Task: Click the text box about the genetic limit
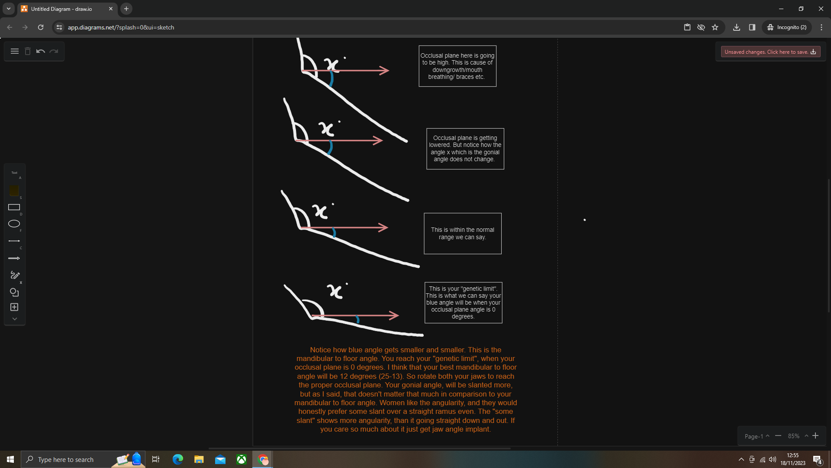pos(463,302)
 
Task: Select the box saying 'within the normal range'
pos(462,234)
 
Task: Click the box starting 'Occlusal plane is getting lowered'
pos(465,149)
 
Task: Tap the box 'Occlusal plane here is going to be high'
pos(457,66)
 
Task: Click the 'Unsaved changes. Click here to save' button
pos(770,52)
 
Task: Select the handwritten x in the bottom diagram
pos(335,291)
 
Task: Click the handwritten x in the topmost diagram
pos(332,65)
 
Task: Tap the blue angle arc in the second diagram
pos(330,148)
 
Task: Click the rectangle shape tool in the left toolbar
pos(14,207)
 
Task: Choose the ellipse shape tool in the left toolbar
pos(14,224)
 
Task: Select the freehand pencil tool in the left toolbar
pos(15,275)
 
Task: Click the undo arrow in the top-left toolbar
pos(41,52)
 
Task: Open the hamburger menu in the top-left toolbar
pos(15,52)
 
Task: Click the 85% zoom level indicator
pos(794,436)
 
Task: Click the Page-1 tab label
pos(754,436)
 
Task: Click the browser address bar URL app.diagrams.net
pos(121,27)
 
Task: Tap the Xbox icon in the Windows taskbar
pos(242,459)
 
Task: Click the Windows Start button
pos(10,459)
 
